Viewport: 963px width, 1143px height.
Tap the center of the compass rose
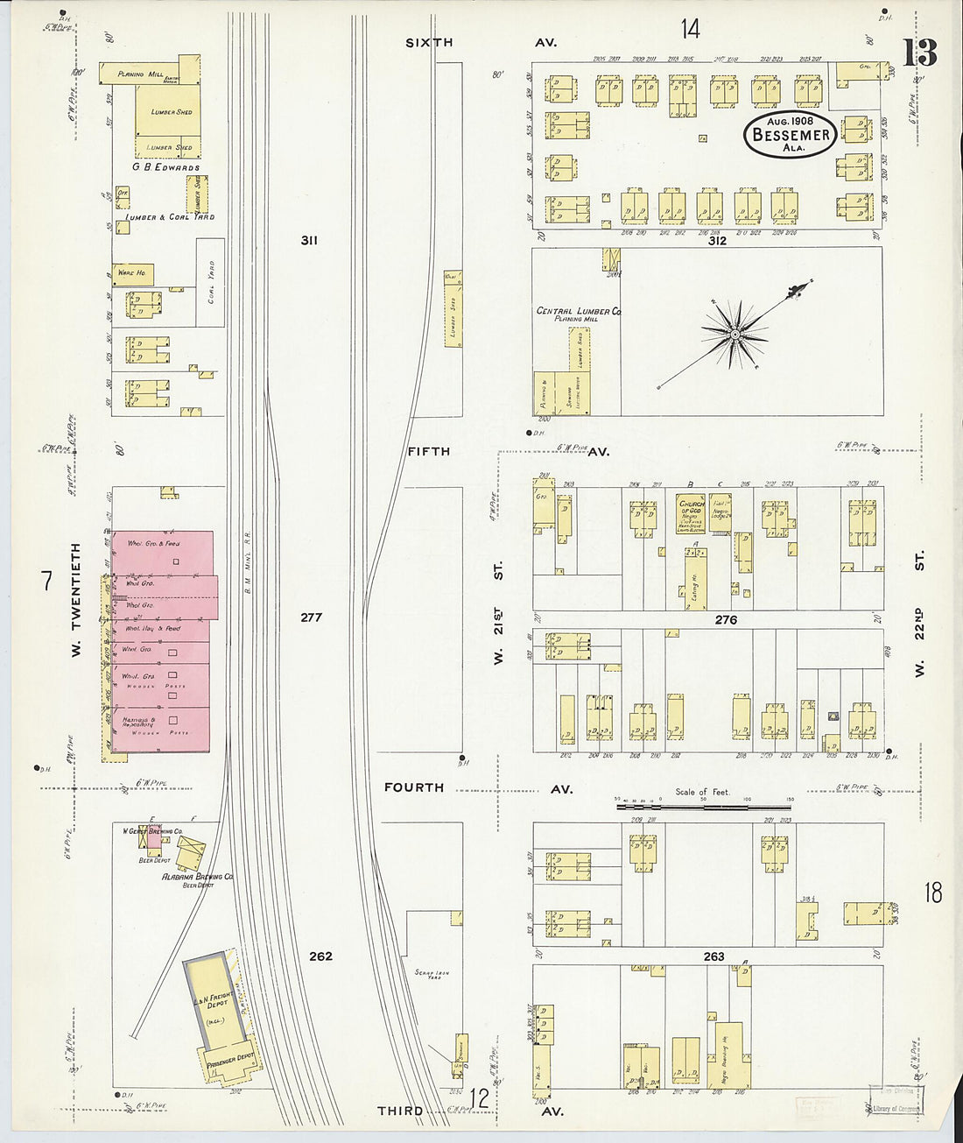735,334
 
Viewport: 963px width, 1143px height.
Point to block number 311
308,239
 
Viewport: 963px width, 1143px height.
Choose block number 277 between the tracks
311,617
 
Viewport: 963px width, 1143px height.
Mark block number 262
320,956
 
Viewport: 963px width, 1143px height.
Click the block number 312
717,239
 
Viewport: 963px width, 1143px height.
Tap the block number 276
726,619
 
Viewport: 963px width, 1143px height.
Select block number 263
713,956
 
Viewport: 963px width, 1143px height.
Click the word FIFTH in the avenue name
428,451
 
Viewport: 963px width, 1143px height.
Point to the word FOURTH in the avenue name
414,787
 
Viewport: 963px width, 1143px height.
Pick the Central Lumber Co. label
578,311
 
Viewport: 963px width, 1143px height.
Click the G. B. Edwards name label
166,166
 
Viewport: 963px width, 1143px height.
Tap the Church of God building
691,514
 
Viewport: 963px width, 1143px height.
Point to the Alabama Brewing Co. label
197,876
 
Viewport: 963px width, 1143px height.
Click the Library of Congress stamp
896,1108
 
